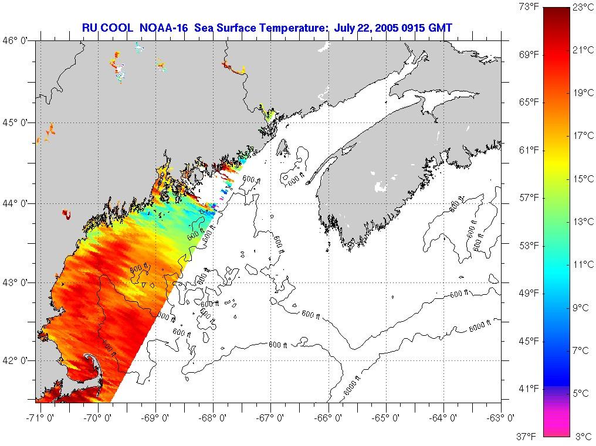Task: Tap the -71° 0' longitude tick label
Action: [x=36, y=418]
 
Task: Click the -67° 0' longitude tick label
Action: [x=270, y=418]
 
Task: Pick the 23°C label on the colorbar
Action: [x=583, y=8]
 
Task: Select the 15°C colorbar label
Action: [x=583, y=179]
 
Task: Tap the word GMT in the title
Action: [x=439, y=28]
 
